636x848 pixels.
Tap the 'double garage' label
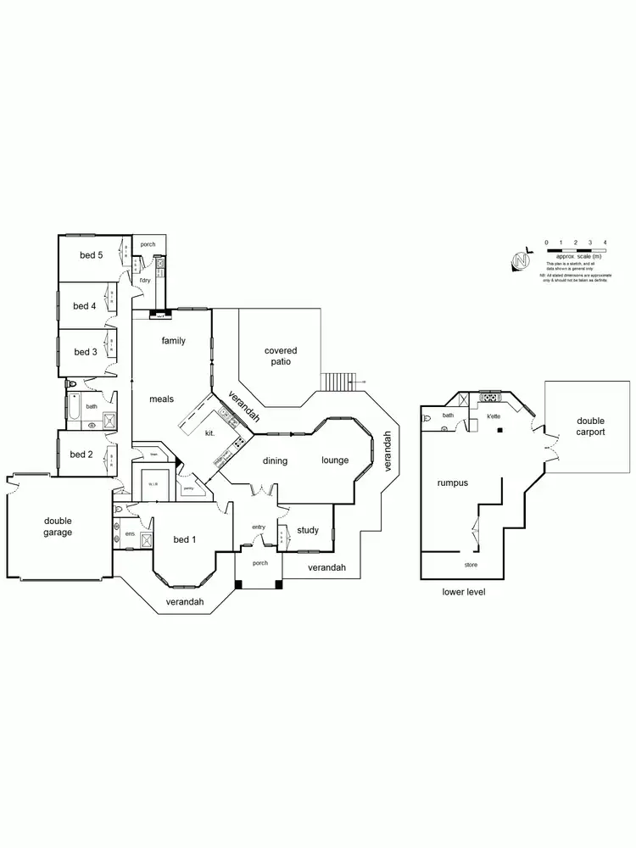coord(59,527)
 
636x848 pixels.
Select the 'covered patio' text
coord(281,355)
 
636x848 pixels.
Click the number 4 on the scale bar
coord(605,243)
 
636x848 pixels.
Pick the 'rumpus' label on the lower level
coord(452,483)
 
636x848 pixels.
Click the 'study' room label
coord(308,531)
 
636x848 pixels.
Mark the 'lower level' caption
coord(463,591)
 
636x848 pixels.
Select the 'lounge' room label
coord(335,460)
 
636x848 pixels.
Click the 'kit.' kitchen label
coord(209,433)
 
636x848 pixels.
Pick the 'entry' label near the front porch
coord(259,527)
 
